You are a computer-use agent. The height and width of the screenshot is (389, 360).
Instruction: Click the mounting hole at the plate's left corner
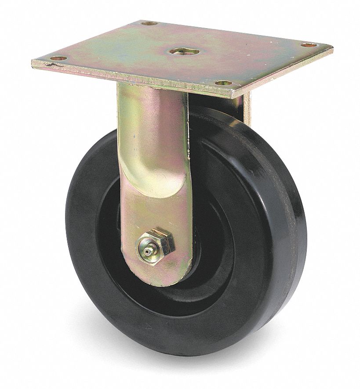[x=58, y=58]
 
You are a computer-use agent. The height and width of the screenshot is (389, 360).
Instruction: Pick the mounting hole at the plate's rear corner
[x=149, y=23]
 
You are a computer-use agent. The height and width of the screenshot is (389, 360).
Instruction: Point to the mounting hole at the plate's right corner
[x=309, y=45]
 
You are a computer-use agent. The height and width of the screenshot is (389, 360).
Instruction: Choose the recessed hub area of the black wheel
[x=211, y=246]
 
